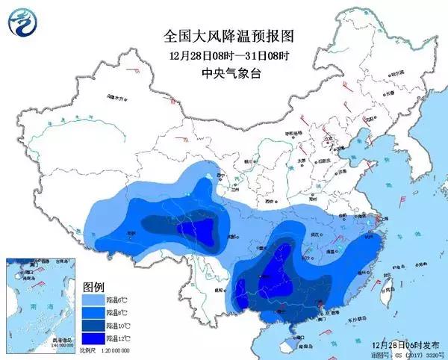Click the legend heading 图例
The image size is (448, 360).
coord(93,287)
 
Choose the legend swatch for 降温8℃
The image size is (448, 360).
coord(93,313)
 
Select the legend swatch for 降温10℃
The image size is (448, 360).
coord(93,326)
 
